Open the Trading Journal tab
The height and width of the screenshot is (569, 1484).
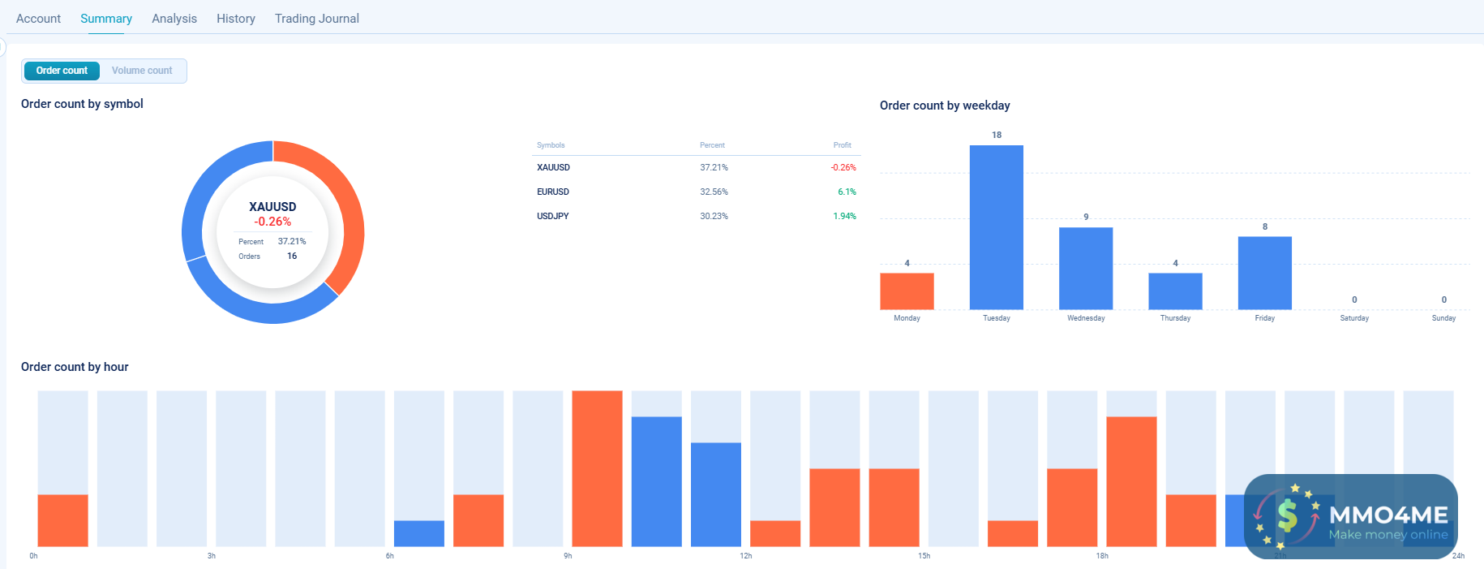(x=316, y=19)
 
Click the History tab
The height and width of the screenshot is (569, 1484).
(x=235, y=19)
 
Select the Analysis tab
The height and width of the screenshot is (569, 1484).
(x=174, y=19)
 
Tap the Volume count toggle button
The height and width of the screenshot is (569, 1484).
(x=142, y=71)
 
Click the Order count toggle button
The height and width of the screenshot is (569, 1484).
(x=62, y=71)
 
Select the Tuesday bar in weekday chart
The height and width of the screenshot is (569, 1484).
(x=996, y=227)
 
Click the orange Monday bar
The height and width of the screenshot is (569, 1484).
(x=907, y=291)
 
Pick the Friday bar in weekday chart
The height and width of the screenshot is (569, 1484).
(x=1264, y=273)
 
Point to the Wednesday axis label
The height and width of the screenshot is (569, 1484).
(x=1086, y=318)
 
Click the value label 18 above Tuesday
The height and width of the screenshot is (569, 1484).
(x=997, y=135)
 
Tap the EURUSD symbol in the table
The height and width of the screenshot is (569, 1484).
(x=553, y=192)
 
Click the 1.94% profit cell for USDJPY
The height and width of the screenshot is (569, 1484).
(x=844, y=216)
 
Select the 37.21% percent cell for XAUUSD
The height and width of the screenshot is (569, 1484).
(x=714, y=167)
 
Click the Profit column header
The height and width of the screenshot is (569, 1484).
(x=842, y=145)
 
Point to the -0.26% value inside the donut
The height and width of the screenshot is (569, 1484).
(x=272, y=222)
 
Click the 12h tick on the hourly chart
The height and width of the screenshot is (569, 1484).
(x=745, y=556)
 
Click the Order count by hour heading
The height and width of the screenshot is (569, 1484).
(x=75, y=367)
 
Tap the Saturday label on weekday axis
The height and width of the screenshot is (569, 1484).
(x=1354, y=318)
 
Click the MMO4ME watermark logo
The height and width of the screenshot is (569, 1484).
(x=1350, y=516)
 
